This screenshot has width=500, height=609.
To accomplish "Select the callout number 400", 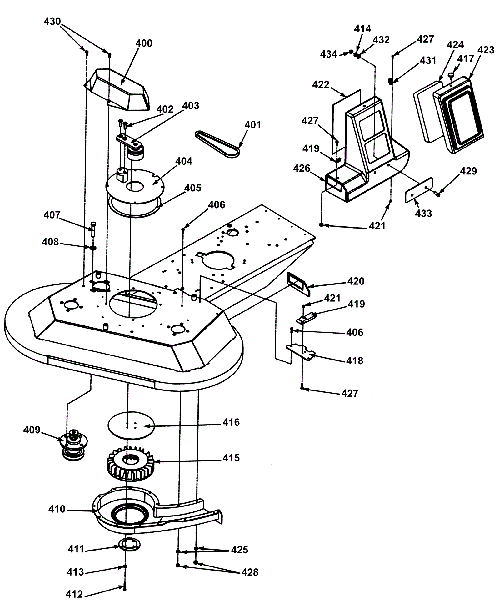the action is [x=144, y=43].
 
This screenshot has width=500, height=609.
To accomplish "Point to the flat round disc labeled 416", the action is [x=131, y=425].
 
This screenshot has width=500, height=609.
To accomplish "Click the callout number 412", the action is [x=74, y=594].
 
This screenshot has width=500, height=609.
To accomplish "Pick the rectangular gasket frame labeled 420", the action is [x=298, y=283].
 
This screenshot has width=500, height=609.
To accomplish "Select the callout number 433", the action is [x=424, y=214].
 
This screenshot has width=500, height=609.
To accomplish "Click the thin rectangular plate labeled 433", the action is [x=419, y=190].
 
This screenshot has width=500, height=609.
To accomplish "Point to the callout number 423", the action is [x=486, y=50].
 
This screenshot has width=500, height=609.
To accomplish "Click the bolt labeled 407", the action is [x=93, y=229].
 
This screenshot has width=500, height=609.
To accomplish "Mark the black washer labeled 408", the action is [x=93, y=248].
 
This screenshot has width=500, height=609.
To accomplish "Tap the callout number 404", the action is [x=184, y=161].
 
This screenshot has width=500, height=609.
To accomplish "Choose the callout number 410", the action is [x=57, y=509].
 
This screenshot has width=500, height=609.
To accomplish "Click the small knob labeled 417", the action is [x=451, y=75].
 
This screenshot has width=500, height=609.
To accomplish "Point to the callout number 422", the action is [x=321, y=85].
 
